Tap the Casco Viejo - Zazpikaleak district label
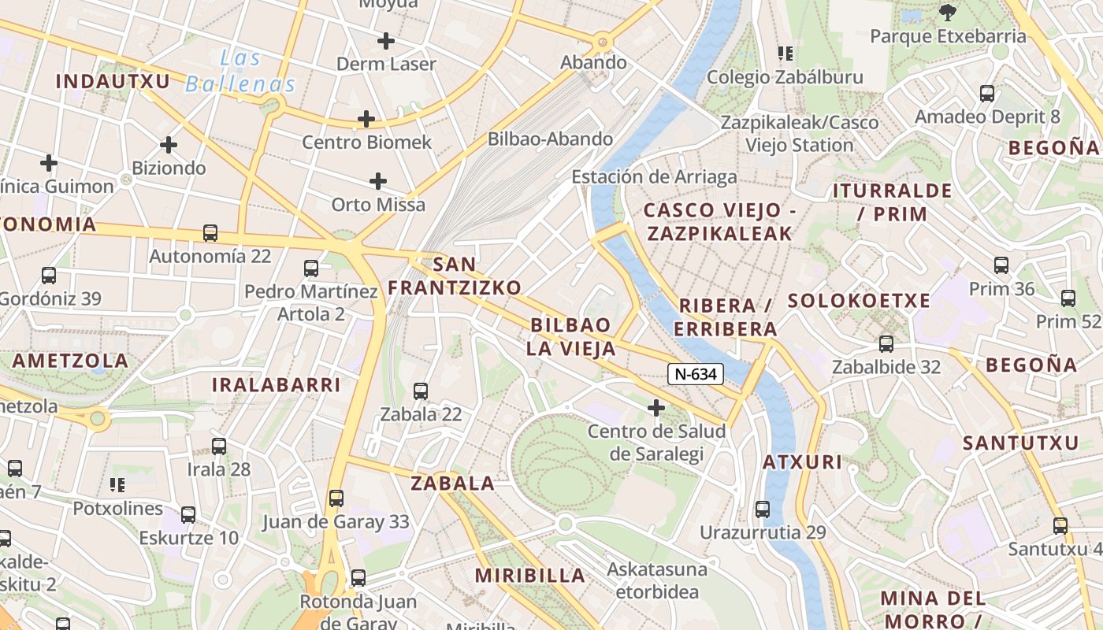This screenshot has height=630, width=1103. pyautogui.click(x=717, y=221)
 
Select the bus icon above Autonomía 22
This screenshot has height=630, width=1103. pyautogui.click(x=210, y=233)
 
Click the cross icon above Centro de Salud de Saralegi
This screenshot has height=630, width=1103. pyautogui.click(x=655, y=408)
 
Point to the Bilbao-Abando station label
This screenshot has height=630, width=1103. pyautogui.click(x=550, y=139)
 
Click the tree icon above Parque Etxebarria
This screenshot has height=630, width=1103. pyautogui.click(x=947, y=13)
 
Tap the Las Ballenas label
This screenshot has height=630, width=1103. pyautogui.click(x=240, y=72)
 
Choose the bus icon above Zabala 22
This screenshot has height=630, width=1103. pyautogui.click(x=421, y=391)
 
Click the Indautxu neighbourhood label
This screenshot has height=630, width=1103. pyautogui.click(x=113, y=81)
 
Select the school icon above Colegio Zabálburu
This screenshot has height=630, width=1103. pyautogui.click(x=785, y=54)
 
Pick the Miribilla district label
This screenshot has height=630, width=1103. pyautogui.click(x=531, y=576)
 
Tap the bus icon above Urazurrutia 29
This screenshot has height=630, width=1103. pyautogui.click(x=763, y=509)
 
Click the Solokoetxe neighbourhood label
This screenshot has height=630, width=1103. pyautogui.click(x=859, y=301)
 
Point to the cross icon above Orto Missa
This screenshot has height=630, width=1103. pyautogui.click(x=378, y=181)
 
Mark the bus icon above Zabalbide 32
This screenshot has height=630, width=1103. pyautogui.click(x=886, y=343)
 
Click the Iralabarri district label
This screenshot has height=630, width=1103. pyautogui.click(x=276, y=385)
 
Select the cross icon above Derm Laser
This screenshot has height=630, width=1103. pyautogui.click(x=386, y=40)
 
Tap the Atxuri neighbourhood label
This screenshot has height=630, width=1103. pyautogui.click(x=802, y=462)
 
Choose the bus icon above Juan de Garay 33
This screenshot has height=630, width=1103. pyautogui.click(x=336, y=498)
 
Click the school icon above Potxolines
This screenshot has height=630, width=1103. pyautogui.click(x=117, y=484)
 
